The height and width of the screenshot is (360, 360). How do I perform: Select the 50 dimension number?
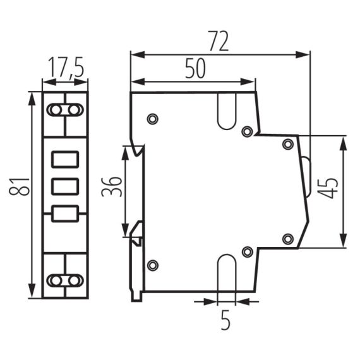[195, 69]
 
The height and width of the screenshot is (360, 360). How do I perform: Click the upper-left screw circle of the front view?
[56, 110]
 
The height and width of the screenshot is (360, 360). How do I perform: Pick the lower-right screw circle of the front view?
[75, 280]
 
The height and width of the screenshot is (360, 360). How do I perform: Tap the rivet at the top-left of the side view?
[152, 119]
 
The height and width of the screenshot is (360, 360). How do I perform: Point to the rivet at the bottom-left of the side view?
[152, 265]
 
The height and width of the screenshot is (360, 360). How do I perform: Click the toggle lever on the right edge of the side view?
[306, 177]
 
